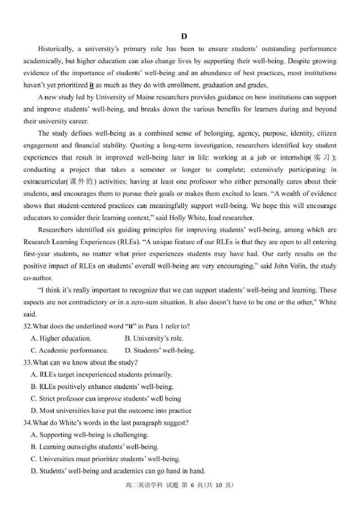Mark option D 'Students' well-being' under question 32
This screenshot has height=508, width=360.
click(159, 351)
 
